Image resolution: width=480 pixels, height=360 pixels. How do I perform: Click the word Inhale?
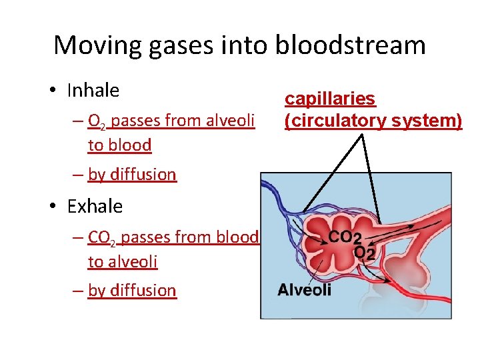[93, 90]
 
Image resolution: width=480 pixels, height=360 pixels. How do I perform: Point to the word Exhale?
[95, 206]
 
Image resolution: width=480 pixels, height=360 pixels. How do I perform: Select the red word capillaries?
[330, 99]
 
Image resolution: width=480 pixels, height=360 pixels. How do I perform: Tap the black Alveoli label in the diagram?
[304, 289]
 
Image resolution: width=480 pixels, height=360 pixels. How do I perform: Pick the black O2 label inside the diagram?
[363, 253]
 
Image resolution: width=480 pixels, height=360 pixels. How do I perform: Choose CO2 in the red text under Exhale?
[103, 237]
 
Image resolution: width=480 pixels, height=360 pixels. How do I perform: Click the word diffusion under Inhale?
[143, 175]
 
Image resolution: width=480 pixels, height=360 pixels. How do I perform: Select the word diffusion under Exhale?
[143, 291]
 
